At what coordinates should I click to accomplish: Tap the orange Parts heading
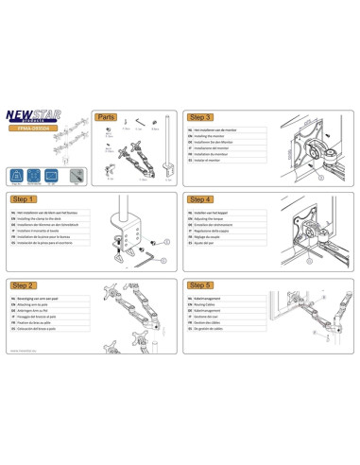coord(106,117)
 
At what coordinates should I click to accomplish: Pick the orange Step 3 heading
coord(200,117)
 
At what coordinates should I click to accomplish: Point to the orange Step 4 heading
coord(200,200)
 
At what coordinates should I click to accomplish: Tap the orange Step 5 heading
coord(200,284)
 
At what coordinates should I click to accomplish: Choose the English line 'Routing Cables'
coord(211,302)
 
